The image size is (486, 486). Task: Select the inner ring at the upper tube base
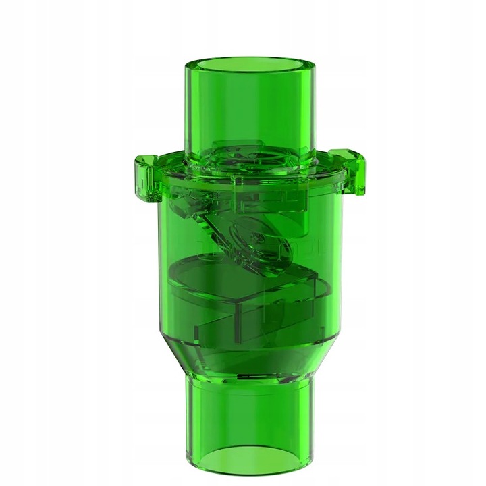(x=250, y=162)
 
